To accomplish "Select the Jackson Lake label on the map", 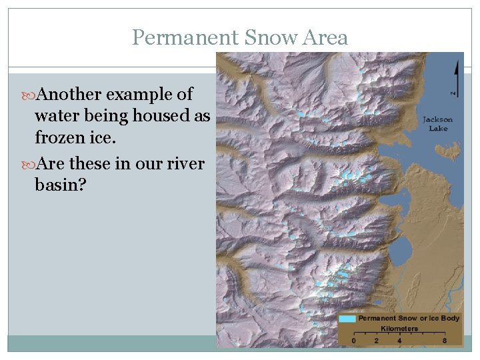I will pos(437,123).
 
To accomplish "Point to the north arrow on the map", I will pos(455,77).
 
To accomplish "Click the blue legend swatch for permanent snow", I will pos(347,319).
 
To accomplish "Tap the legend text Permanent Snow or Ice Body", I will pos(409,319).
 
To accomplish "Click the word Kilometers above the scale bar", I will pos(399,328).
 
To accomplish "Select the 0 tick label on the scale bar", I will pos(353,341).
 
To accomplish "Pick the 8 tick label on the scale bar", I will pos(445,341).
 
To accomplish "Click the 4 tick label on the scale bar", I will pos(399,341).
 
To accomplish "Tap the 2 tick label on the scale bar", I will pos(377,341).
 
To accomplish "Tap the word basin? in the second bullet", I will pos(60,184).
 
